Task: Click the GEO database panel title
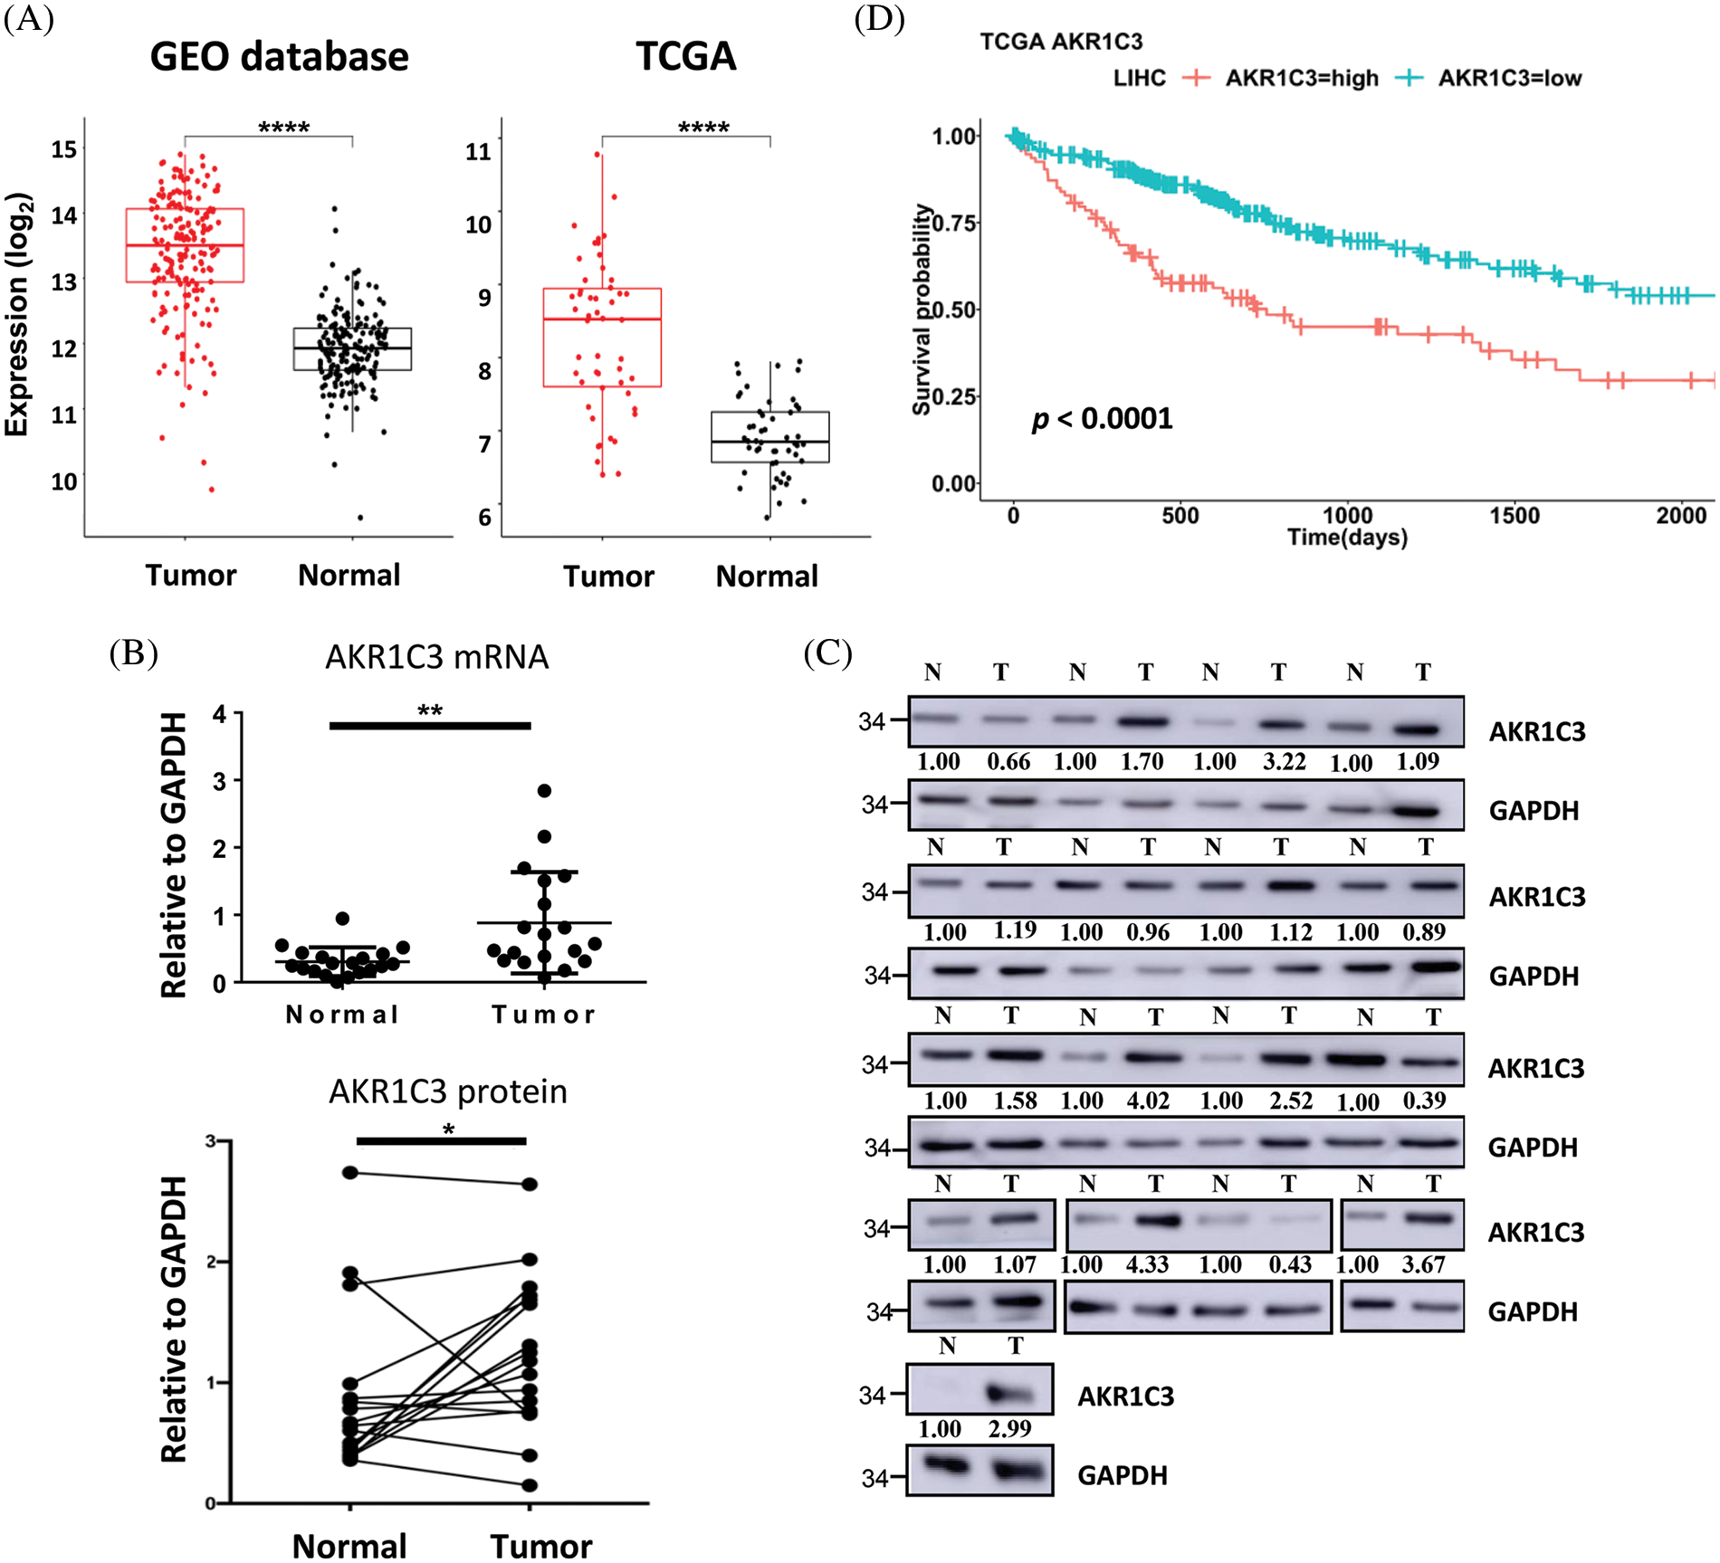click(x=279, y=56)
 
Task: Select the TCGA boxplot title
click(x=685, y=56)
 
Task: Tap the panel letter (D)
click(x=879, y=19)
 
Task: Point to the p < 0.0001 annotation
click(x=1102, y=419)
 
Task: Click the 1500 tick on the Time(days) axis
click(x=1514, y=516)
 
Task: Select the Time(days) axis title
click(x=1347, y=538)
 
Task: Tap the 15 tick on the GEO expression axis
click(x=63, y=149)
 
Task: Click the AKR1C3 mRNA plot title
click(x=436, y=657)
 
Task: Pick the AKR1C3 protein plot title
click(x=447, y=1092)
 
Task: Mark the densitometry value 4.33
click(x=1147, y=1264)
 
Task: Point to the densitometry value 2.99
click(x=1009, y=1429)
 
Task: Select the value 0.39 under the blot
click(x=1424, y=1101)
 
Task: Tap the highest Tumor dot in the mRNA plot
click(x=544, y=791)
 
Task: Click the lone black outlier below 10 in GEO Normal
click(x=360, y=518)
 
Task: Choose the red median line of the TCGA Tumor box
click(x=602, y=319)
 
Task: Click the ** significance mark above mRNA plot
click(x=430, y=710)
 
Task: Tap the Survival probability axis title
click(x=922, y=310)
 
